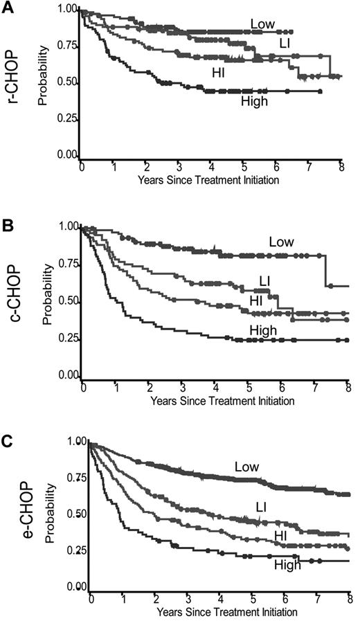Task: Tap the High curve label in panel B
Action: pos(264,331)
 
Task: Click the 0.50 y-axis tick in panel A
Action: pos(68,84)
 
